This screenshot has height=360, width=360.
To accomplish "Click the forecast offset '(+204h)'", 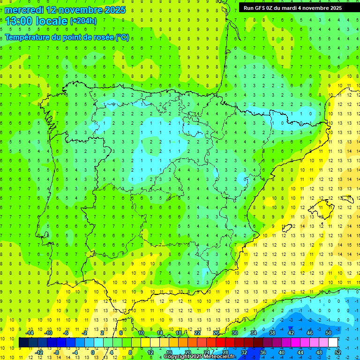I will tap(83, 21).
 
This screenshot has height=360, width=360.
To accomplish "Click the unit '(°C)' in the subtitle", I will tap(122, 37).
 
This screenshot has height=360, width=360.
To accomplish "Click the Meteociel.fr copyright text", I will tap(199, 357).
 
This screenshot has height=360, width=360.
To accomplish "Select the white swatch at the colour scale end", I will tap(333, 343).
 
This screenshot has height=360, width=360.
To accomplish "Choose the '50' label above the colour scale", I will tap(328, 333).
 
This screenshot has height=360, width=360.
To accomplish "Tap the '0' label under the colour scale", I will tap(93, 352).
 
